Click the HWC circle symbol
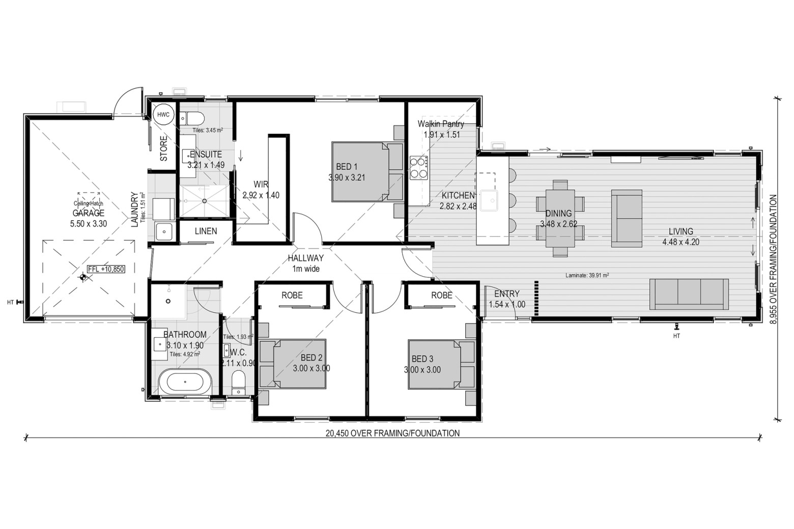163,114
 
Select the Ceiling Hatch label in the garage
88,203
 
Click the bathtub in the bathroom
185,382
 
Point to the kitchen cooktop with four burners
418,168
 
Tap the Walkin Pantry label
441,124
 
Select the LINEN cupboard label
206,231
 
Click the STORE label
163,149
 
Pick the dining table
560,218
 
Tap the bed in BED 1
367,172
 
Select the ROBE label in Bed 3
442,295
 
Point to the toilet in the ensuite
192,117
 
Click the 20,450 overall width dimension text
392,433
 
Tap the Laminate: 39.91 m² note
587,275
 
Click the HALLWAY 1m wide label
305,263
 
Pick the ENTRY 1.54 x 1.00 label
507,299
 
